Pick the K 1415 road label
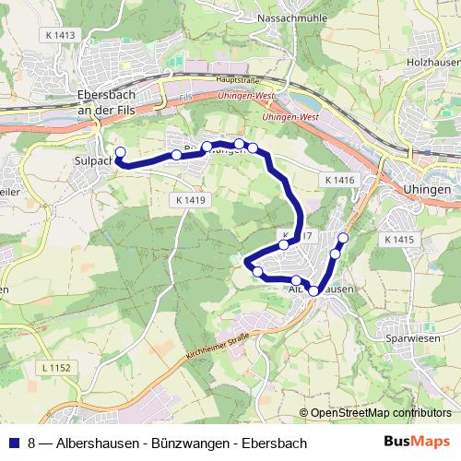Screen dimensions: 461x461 tap(396, 239)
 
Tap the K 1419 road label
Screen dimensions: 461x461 tap(185, 199)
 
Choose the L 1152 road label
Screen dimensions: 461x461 tap(56, 369)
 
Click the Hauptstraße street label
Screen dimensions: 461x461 tap(234, 80)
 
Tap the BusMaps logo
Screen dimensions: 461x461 tap(418, 443)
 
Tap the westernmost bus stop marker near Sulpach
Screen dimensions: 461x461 tap(119, 151)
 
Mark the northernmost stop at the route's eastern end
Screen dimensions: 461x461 tap(344, 239)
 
